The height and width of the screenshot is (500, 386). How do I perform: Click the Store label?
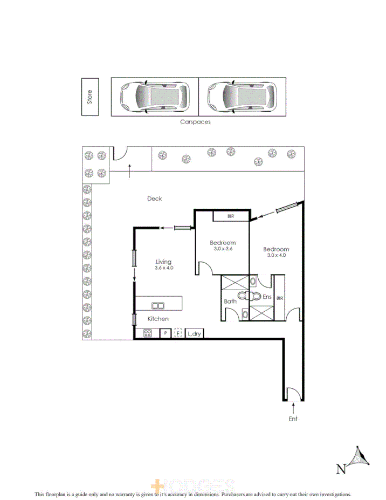pyautogui.click(x=91, y=97)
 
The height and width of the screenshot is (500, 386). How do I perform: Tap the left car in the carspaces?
pyautogui.click(x=155, y=97)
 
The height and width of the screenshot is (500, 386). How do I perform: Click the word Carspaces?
pyautogui.click(x=195, y=122)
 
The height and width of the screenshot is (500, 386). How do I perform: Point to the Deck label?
pyautogui.click(x=155, y=198)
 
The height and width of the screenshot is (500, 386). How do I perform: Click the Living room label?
pyautogui.click(x=163, y=260)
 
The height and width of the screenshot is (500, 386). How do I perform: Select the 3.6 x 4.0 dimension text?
pyautogui.click(x=164, y=268)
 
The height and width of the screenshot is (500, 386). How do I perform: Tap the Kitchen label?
pyautogui.click(x=158, y=319)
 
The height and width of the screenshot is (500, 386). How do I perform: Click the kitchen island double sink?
pyautogui.click(x=158, y=305)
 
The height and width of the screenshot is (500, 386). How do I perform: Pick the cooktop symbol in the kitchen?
pyautogui.click(x=147, y=333)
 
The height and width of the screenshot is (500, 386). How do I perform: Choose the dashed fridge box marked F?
pyautogui.click(x=178, y=333)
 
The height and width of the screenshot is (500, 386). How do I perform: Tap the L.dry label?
pyautogui.click(x=194, y=333)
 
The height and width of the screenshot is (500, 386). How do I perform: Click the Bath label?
pyautogui.click(x=230, y=302)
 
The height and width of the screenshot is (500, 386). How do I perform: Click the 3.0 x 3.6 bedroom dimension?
pyautogui.click(x=223, y=250)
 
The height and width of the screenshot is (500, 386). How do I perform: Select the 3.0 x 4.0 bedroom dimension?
pyautogui.click(x=276, y=256)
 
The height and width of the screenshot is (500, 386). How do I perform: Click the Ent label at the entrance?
pyautogui.click(x=293, y=419)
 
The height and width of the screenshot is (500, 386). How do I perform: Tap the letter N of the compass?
pyautogui.click(x=341, y=469)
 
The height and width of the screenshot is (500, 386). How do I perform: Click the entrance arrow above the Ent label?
pyautogui.click(x=293, y=408)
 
